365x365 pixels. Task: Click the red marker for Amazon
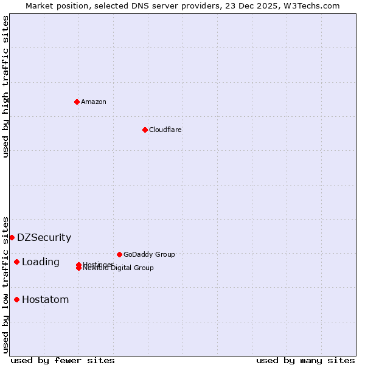click(x=77, y=102)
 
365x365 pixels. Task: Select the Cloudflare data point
click(x=145, y=130)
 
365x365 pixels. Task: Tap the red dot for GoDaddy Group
click(x=119, y=254)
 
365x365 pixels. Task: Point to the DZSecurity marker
click(x=12, y=237)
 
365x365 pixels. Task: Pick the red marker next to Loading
click(x=16, y=262)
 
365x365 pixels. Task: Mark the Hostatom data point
click(x=16, y=299)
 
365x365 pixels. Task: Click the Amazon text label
click(x=94, y=102)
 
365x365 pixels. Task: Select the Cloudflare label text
click(x=165, y=130)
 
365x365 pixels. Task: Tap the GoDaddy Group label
click(x=149, y=254)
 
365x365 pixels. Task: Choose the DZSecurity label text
click(x=44, y=238)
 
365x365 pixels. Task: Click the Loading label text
click(x=41, y=262)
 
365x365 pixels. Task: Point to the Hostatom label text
click(x=46, y=300)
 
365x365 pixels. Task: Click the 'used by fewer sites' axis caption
click(x=63, y=360)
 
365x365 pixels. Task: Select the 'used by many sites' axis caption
click(x=305, y=360)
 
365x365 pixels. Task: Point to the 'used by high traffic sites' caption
click(x=5, y=86)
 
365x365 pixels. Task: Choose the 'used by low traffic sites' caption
click(x=5, y=284)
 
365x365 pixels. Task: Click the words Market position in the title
click(x=54, y=5)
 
